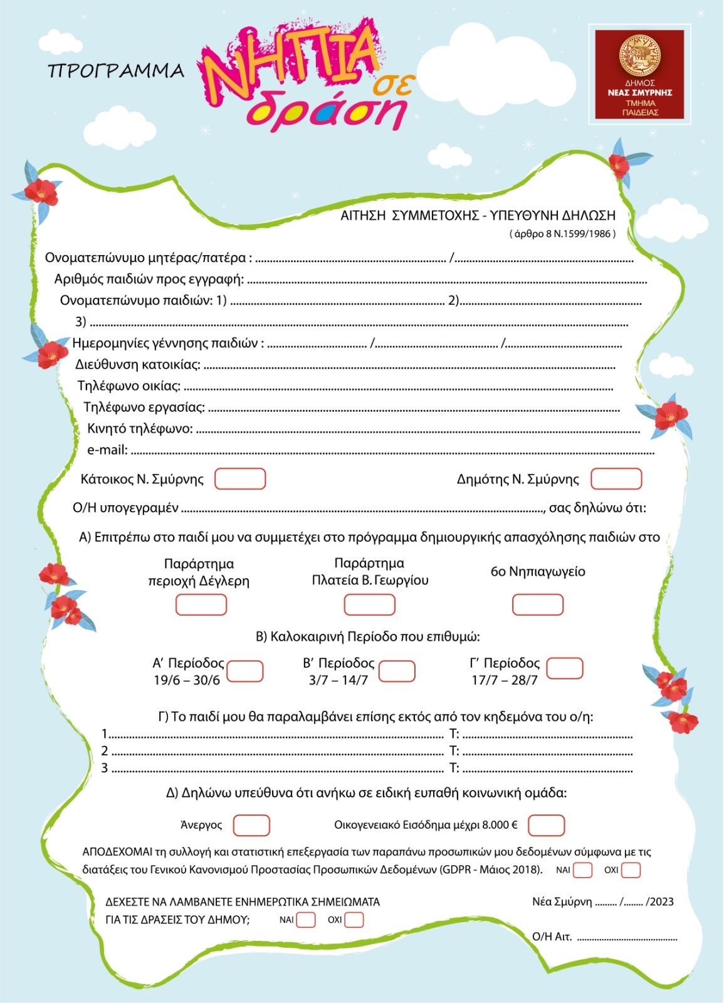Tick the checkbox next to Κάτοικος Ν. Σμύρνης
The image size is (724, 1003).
pos(240,479)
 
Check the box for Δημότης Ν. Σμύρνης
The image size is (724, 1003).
pos(616,479)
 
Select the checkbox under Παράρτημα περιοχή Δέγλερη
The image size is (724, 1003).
pos(201,605)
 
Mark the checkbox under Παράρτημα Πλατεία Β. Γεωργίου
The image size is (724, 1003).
pos(369,605)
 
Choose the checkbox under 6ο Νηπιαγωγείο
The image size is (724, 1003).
pos(538,605)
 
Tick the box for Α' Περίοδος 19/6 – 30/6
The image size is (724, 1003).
pos(244,671)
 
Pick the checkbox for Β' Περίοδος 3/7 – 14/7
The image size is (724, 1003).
pos(397,671)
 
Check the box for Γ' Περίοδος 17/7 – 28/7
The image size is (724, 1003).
pos(565,668)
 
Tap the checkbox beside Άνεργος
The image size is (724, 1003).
pos(251,825)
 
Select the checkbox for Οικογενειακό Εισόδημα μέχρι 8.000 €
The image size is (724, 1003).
pos(546,825)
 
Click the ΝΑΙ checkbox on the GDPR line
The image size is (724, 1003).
pos(583,870)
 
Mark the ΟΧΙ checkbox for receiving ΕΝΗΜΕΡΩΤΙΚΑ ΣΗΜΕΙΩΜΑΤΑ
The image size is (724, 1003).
pos(354,920)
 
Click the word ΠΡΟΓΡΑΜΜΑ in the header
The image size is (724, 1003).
pos(116,71)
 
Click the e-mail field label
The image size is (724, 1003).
pos(107,449)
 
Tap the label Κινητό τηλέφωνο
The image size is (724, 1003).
pos(140,429)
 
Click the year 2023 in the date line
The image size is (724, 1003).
pos(662,901)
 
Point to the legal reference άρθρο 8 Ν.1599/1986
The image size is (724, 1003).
pos(562,234)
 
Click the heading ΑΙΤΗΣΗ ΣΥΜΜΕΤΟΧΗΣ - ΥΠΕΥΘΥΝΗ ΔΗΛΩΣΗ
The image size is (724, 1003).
pos(478,216)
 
